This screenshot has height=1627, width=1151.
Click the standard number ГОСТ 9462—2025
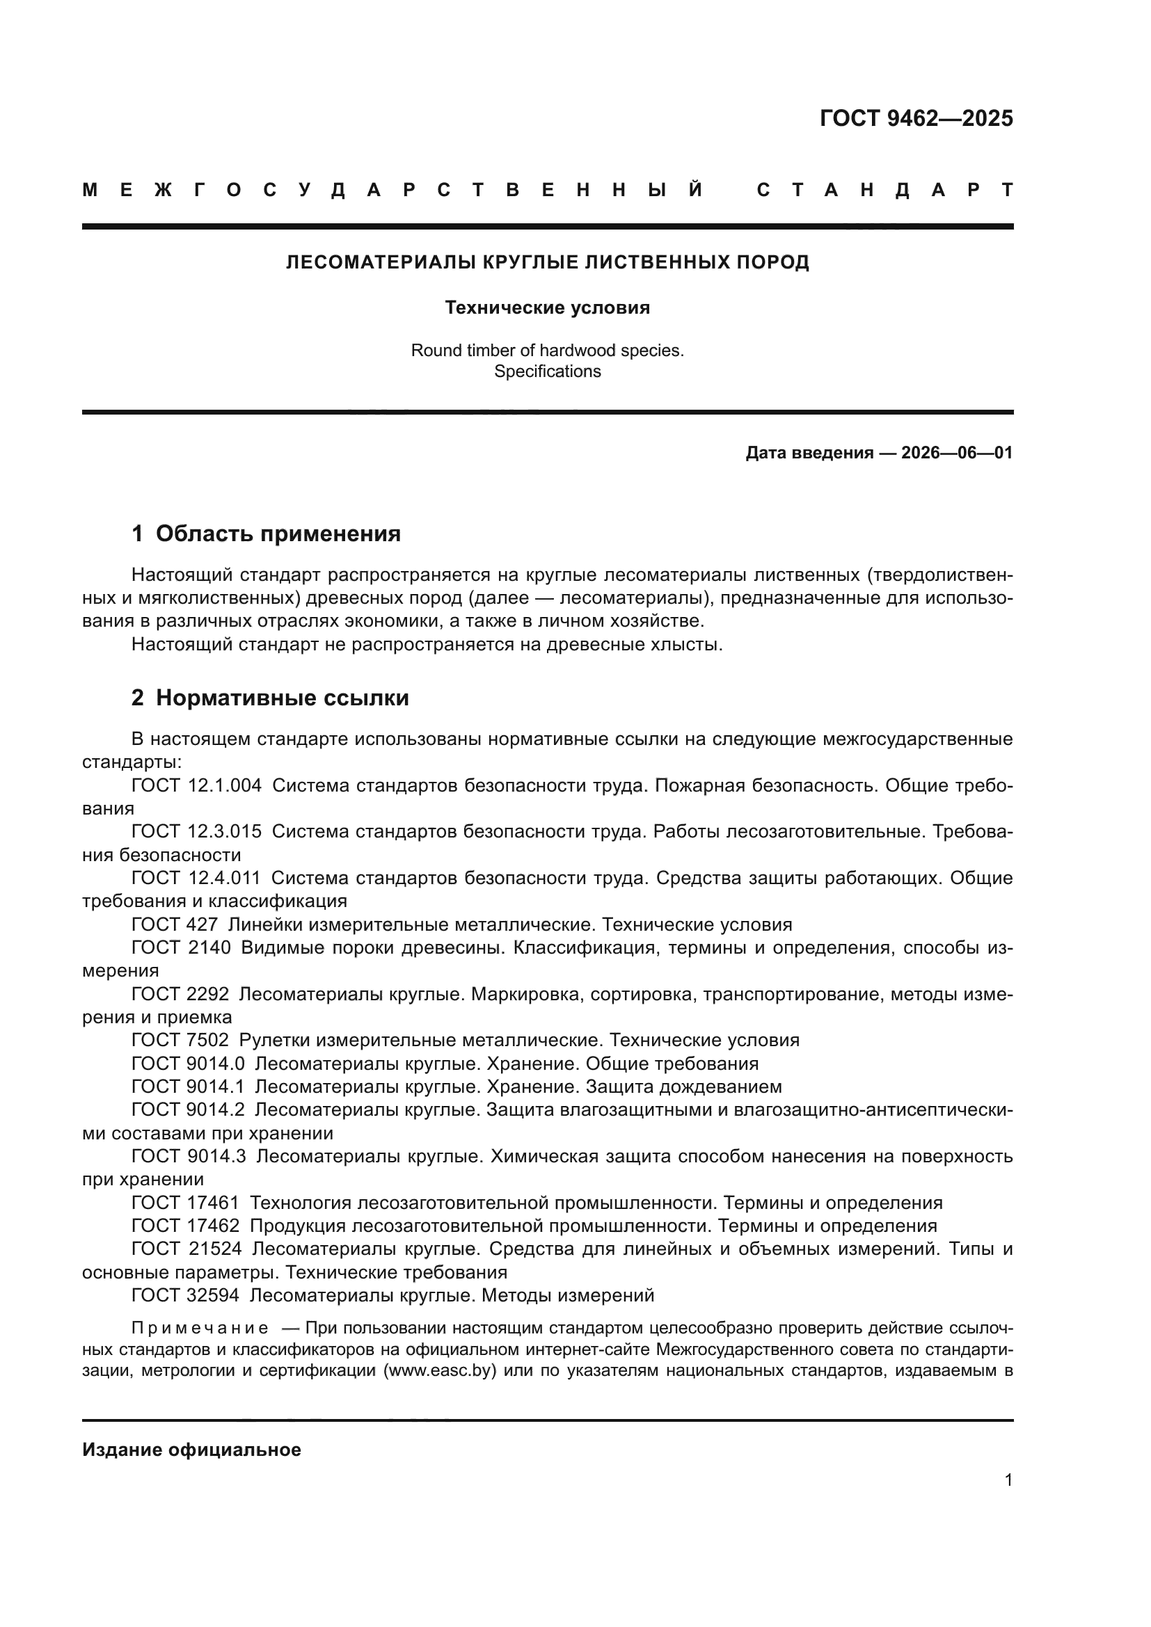tap(916, 118)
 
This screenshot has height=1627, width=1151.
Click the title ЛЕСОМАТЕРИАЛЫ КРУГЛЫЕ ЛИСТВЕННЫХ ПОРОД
tap(547, 263)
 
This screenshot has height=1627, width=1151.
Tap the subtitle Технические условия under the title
tap(547, 307)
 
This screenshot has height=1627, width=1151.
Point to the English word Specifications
tap(547, 371)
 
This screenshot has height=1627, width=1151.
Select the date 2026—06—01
tap(957, 453)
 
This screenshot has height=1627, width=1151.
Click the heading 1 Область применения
tap(267, 534)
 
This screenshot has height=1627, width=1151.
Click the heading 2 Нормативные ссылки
tap(270, 698)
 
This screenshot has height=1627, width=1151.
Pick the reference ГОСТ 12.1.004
tap(196, 785)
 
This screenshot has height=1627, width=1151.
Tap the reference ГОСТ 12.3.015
tap(196, 831)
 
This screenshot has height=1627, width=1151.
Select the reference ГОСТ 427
tap(175, 924)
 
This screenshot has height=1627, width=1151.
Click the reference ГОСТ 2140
tap(181, 947)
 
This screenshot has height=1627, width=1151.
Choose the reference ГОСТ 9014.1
tap(188, 1087)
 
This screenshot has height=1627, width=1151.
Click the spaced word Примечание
tap(200, 1328)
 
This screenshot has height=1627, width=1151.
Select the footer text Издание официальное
tap(191, 1450)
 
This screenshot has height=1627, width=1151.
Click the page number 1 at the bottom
tap(1008, 1480)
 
